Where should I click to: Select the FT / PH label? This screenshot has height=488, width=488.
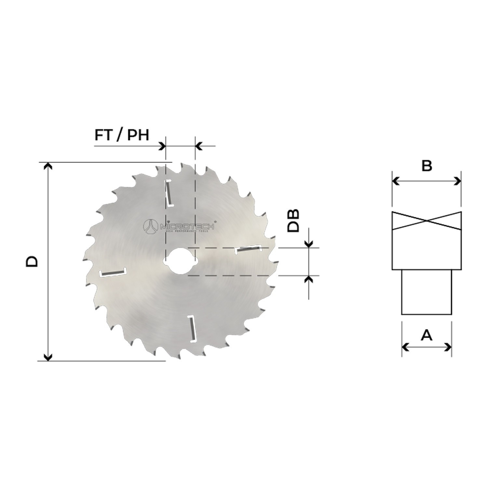coord(122,135)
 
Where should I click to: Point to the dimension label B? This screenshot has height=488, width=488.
coord(427,166)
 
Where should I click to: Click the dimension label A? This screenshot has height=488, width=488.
coord(427,335)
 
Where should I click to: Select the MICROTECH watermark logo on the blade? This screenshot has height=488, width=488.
coord(179,225)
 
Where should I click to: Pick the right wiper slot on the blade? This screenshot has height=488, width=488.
coord(248,249)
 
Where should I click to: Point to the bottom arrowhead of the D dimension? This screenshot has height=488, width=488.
coord(48,357)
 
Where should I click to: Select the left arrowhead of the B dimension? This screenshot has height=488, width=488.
coord(396,181)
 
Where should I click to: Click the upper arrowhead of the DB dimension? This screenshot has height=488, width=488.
coord(309,243)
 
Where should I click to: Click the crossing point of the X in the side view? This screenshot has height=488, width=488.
coord(427,221)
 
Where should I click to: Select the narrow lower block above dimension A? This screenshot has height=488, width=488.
coord(427,292)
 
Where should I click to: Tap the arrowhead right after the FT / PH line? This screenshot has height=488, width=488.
coord(161,146)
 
